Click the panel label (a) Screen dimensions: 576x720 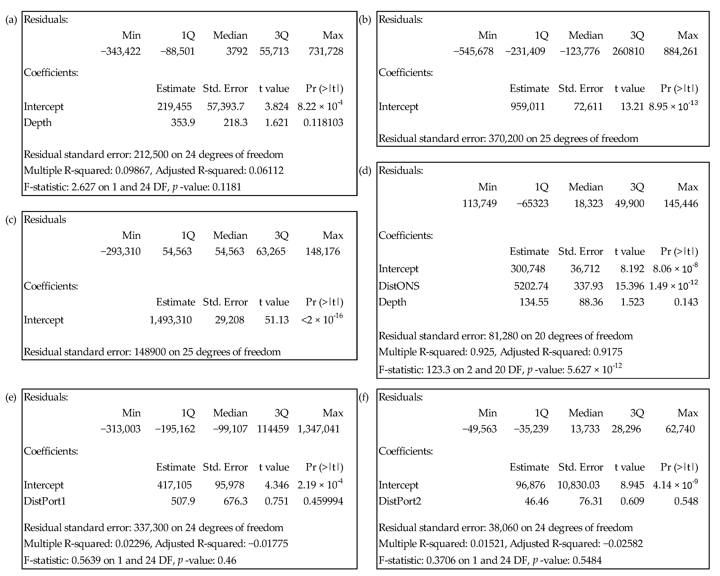[11, 20]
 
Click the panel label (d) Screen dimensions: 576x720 [365, 171]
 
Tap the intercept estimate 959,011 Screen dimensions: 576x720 [528, 107]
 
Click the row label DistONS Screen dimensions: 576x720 [399, 286]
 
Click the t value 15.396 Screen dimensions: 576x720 [630, 286]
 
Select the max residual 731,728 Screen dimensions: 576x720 [326, 51]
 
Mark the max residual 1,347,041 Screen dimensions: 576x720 [318, 429]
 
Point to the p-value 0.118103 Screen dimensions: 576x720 [323, 123]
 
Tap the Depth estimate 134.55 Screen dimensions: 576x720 [534, 302]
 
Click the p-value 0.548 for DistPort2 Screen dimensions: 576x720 [686, 501]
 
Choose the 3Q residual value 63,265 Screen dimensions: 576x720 [271, 252]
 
